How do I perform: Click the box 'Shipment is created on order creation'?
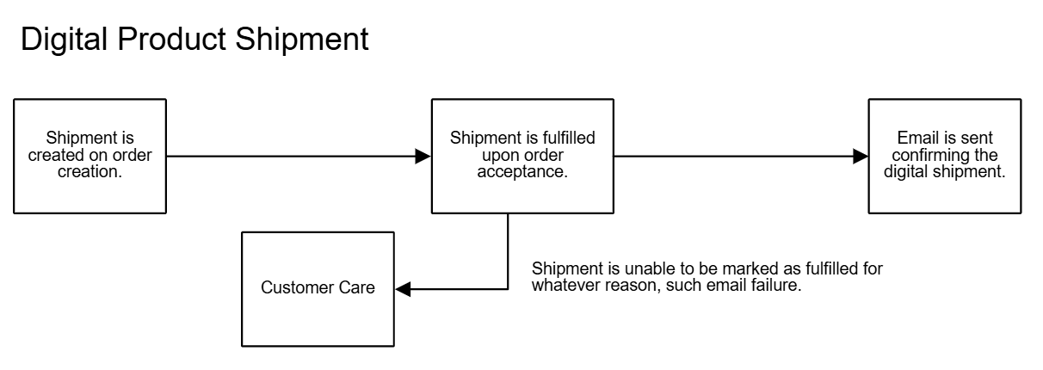(x=89, y=156)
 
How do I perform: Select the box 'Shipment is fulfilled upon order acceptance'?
(x=523, y=156)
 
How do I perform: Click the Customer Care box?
(x=318, y=289)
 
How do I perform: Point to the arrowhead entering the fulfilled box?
(x=423, y=156)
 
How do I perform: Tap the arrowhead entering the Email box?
(x=860, y=156)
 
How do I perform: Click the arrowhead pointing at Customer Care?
(x=404, y=290)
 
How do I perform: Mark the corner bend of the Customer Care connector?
(x=508, y=290)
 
